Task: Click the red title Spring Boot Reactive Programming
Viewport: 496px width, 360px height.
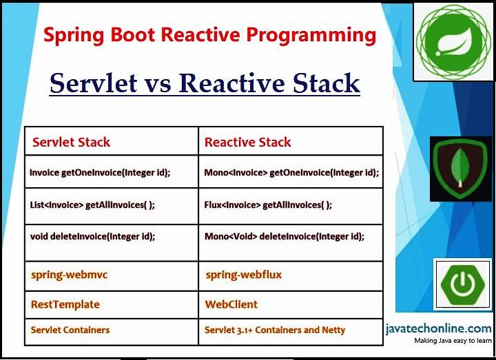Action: [210, 35]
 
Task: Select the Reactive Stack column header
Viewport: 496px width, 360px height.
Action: [247, 142]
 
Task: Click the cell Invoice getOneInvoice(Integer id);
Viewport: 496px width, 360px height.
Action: [100, 173]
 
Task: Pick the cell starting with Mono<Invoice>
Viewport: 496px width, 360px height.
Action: [291, 173]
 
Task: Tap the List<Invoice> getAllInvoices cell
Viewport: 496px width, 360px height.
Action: [92, 204]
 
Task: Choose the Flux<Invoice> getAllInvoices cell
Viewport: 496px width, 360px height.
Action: [268, 204]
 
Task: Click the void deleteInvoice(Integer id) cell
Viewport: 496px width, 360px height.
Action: [92, 235]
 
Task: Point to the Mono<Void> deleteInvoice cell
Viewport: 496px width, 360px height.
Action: [284, 235]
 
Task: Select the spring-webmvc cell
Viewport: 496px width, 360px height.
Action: [69, 275]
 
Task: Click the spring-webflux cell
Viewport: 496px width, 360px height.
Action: [243, 275]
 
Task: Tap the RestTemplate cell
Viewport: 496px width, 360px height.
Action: [65, 304]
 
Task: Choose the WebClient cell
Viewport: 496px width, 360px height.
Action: [231, 304]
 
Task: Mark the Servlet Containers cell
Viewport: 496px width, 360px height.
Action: [70, 330]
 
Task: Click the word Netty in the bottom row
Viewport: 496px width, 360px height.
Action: [331, 330]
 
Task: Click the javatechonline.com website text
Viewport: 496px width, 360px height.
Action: [438, 328]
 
